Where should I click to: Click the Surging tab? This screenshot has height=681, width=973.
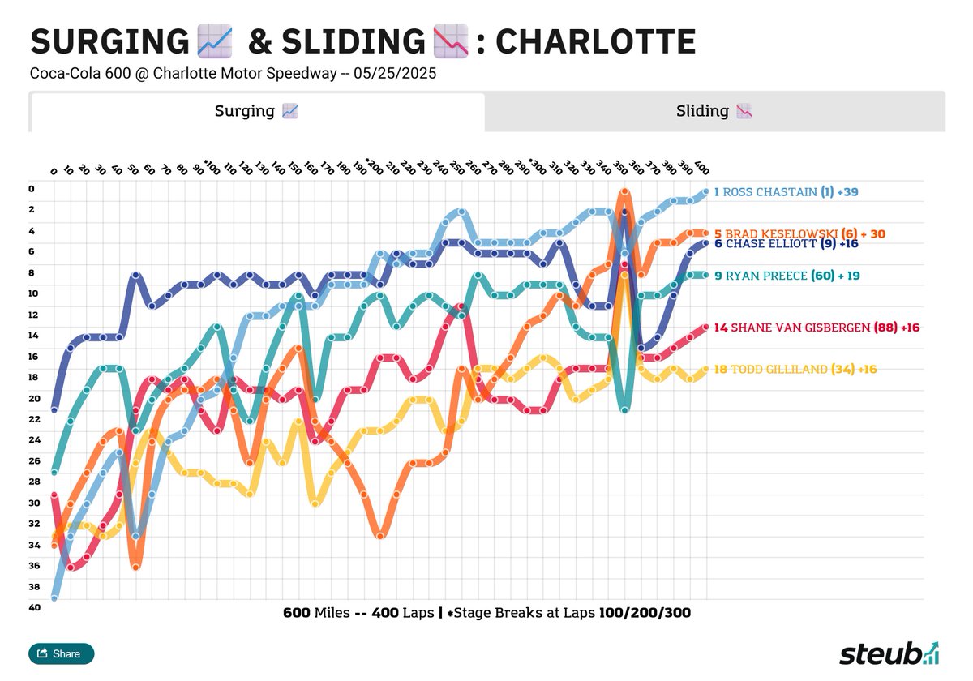[257, 112]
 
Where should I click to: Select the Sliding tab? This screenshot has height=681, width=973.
[714, 112]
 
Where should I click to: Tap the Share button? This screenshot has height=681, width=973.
[62, 653]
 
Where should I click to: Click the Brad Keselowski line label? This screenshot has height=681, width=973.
[799, 234]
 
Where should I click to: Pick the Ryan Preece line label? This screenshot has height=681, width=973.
[787, 276]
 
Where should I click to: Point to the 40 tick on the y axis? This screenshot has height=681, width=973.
[32, 607]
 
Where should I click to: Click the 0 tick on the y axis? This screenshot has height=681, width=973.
[32, 189]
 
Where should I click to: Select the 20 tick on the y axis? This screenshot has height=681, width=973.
[32, 398]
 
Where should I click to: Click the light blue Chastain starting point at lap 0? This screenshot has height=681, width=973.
[54, 598]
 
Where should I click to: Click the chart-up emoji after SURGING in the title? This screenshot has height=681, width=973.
[214, 41]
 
